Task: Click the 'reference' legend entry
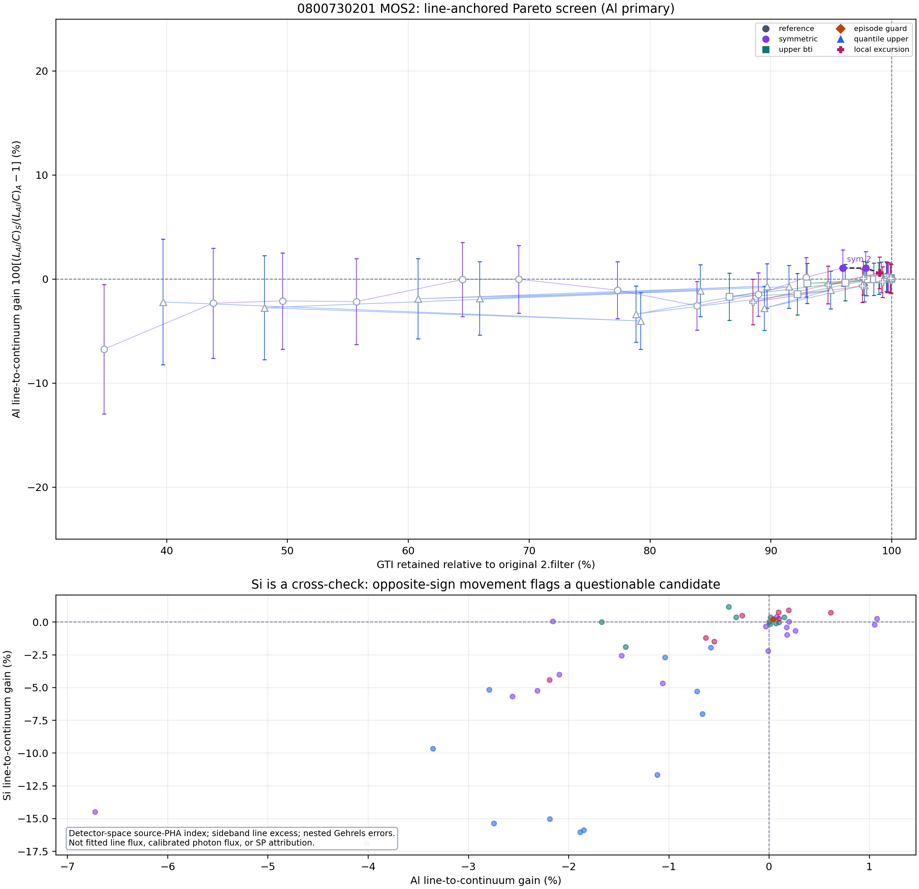[x=788, y=29]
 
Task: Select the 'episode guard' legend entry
[x=872, y=29]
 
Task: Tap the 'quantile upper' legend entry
[x=872, y=39]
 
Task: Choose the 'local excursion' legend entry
[x=872, y=49]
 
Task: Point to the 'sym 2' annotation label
[x=858, y=259]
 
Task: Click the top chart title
[x=486, y=8]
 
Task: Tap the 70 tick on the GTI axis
[x=529, y=551]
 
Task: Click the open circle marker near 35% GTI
[x=104, y=349]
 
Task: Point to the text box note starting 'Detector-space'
[x=232, y=838]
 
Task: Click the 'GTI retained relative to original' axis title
[x=486, y=565]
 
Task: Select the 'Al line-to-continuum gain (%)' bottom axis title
[x=486, y=881]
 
